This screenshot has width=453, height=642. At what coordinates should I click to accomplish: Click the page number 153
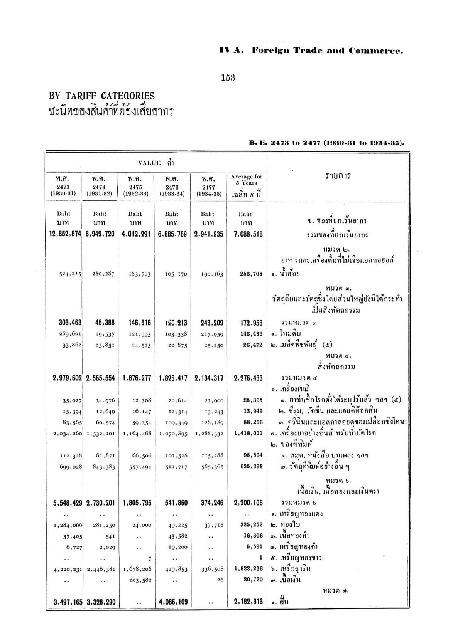[x=228, y=78]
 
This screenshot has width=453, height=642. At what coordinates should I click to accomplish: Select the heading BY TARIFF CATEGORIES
[x=102, y=96]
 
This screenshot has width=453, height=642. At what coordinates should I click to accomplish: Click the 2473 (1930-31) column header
[x=63, y=186]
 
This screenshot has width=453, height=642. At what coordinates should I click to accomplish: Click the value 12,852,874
[x=63, y=234]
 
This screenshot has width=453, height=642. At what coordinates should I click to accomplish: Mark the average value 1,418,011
[x=248, y=433]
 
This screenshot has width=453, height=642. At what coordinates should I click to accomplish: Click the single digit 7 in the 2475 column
[x=149, y=558]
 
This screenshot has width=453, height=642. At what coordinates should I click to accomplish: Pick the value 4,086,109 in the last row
[x=172, y=602]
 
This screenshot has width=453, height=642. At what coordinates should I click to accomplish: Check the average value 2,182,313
[x=248, y=602]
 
